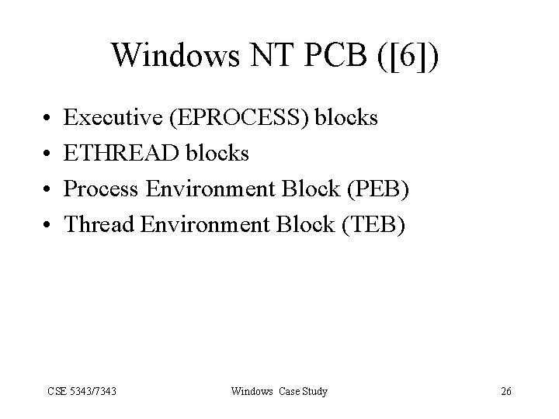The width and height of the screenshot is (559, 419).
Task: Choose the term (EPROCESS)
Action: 242,118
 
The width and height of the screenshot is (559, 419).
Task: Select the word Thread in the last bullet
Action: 97,224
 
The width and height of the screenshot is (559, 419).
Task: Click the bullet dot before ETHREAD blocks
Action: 47,154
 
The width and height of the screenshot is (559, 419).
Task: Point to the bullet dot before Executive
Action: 47,119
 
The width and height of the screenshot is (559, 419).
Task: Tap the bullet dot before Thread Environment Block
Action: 47,225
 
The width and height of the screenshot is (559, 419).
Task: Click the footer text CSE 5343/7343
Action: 82,391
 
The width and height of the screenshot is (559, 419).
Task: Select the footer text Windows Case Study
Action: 279,391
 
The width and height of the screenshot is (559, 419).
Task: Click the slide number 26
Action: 505,391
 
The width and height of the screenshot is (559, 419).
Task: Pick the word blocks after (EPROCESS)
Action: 347,118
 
